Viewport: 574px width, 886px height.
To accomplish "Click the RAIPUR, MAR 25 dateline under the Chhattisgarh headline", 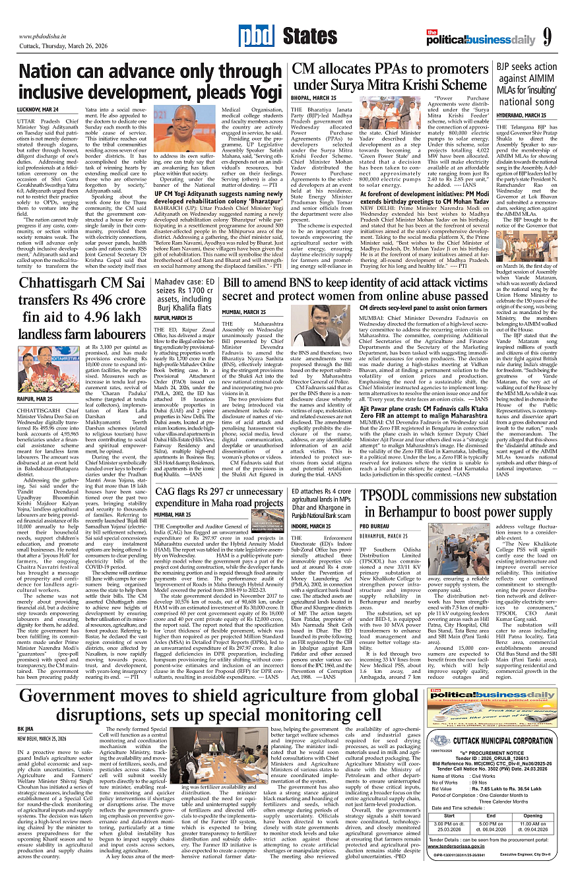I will [x=36, y=399].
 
